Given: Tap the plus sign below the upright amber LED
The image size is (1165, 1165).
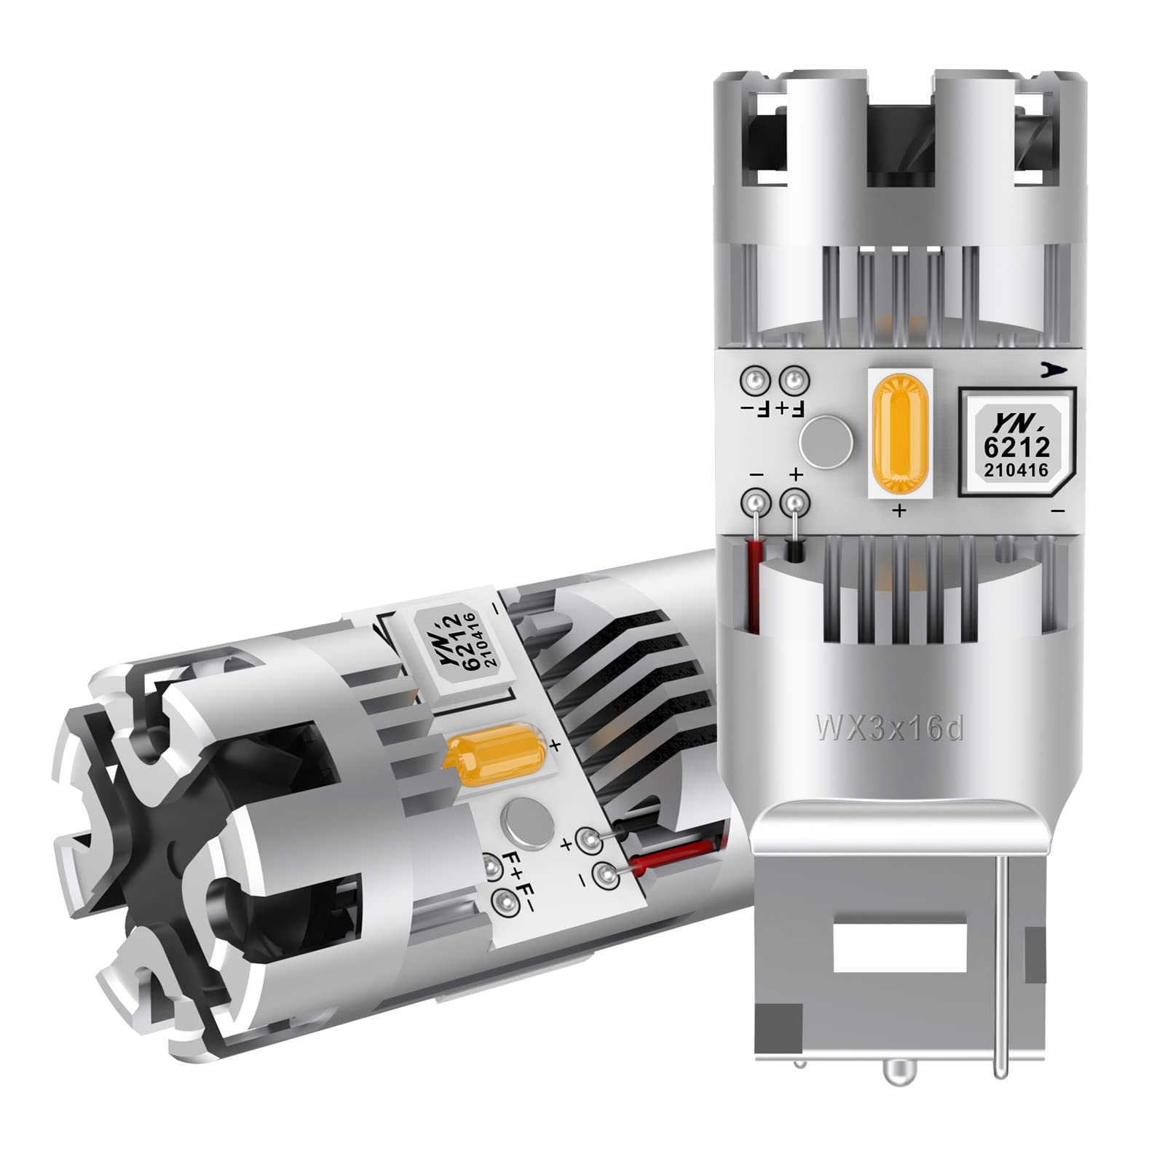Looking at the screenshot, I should click(900, 511).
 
